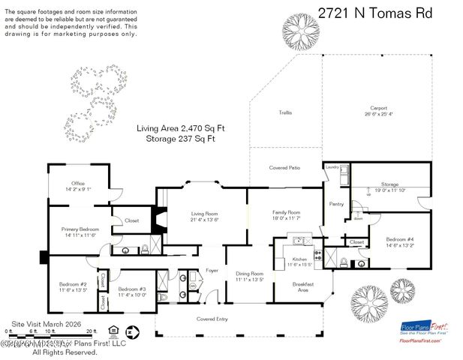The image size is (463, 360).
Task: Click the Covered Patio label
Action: click(x=284, y=168)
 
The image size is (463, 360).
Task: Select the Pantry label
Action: click(x=336, y=203)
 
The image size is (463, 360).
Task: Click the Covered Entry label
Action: click(x=212, y=319)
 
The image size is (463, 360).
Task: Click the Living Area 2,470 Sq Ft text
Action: click(x=181, y=128)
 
